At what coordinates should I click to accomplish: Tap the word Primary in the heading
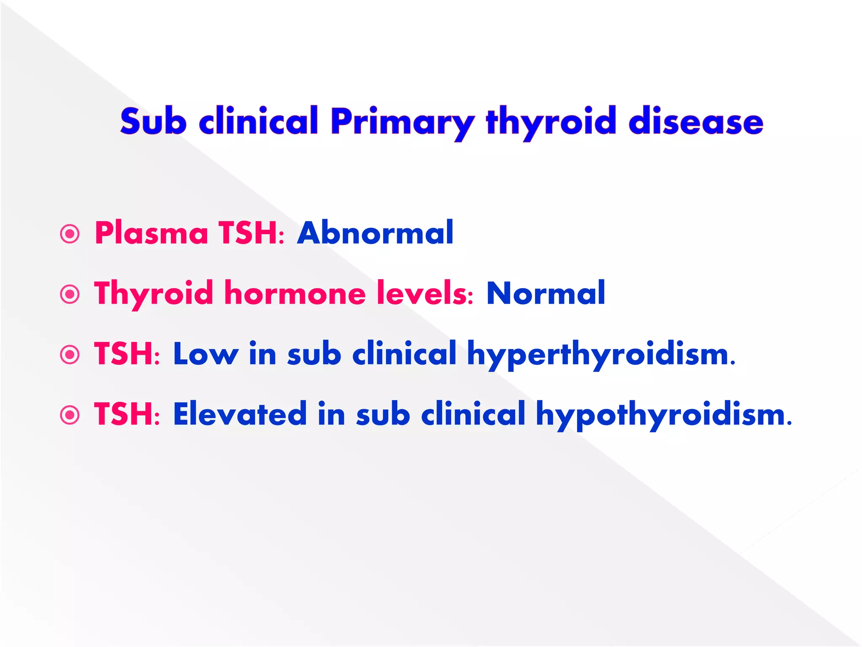pos(403,122)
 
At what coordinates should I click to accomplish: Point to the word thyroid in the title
pos(551,122)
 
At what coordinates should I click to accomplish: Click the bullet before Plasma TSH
pos(70,233)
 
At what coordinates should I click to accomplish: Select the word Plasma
pos(152,233)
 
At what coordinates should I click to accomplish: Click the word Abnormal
pos(375,233)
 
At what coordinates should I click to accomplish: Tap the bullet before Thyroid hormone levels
pos(70,294)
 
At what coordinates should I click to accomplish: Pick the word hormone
pos(295,293)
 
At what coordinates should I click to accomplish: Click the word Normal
pos(546,293)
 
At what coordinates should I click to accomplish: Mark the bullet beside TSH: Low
pos(70,354)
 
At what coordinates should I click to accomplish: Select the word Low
pos(205,354)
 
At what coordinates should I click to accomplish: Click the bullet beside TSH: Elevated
pos(70,415)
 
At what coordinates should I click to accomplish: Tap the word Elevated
pos(240,414)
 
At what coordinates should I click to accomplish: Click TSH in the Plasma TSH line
pos(248,233)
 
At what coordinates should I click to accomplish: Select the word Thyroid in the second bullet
pos(154,294)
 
